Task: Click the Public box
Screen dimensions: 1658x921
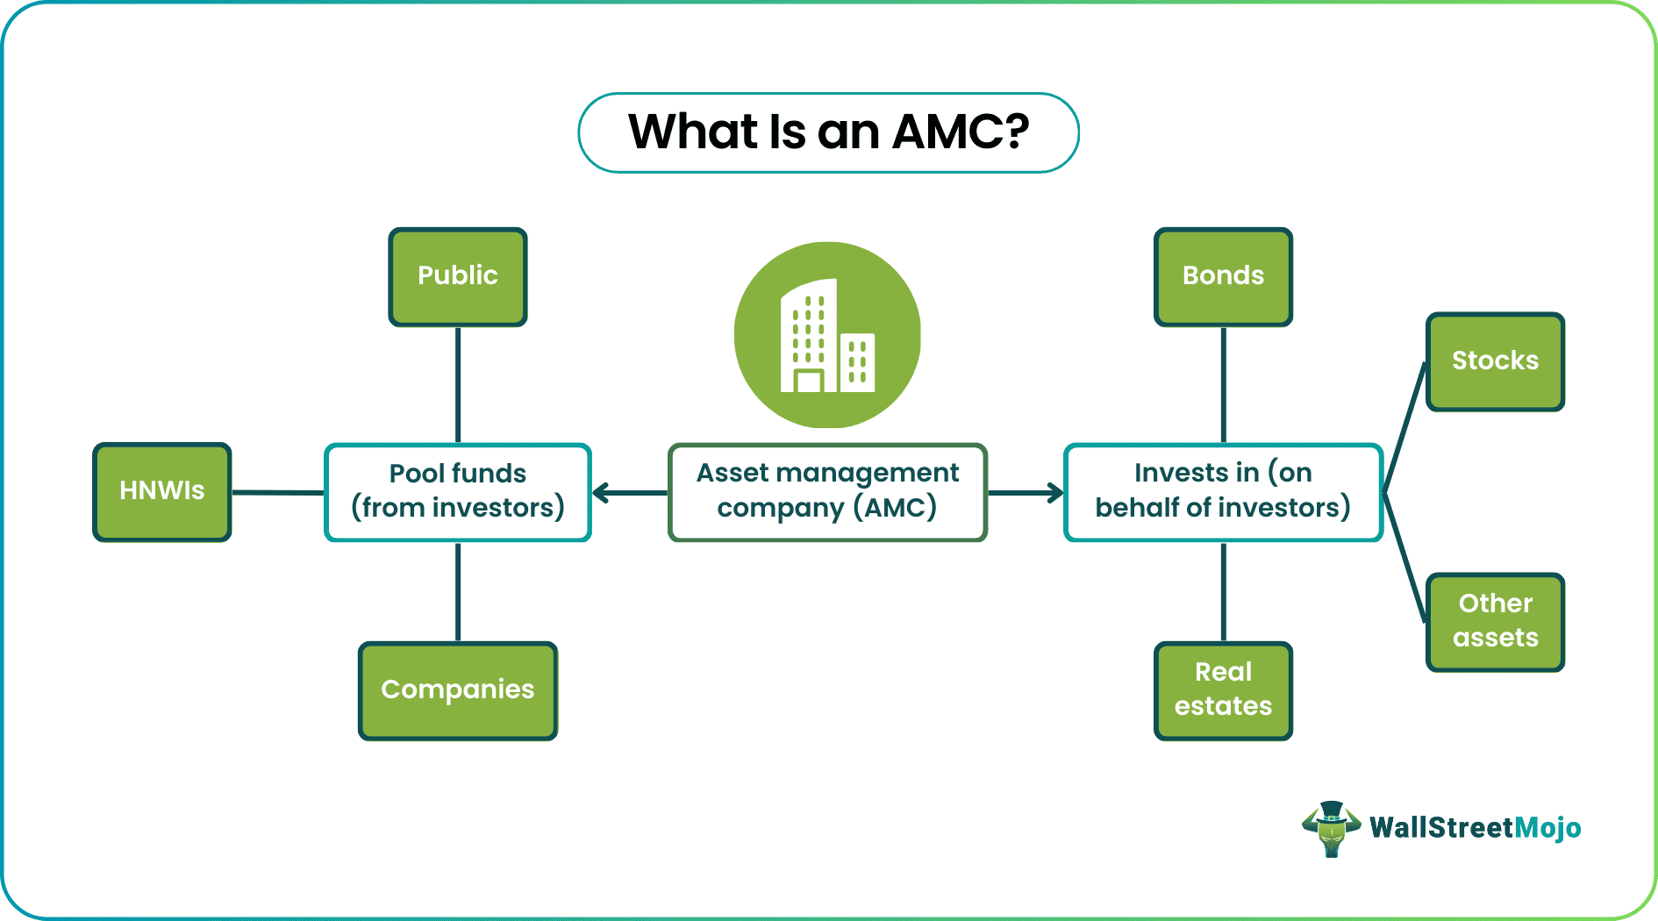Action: [458, 276]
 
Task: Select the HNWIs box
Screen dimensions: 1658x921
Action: [162, 491]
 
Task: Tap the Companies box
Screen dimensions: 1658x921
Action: [458, 690]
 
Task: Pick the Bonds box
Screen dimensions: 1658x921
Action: [1224, 276]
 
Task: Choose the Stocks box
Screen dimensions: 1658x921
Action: [1496, 361]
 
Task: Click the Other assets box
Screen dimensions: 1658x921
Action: [1496, 622]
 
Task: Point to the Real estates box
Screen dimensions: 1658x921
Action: [1224, 690]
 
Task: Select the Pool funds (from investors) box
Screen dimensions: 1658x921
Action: [458, 492]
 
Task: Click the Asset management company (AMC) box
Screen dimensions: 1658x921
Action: [827, 492]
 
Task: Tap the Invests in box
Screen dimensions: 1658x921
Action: [1224, 492]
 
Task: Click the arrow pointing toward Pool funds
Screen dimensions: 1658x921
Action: [630, 493]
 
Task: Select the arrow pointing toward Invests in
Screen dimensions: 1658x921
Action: [1026, 493]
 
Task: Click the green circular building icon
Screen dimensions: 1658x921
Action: [827, 335]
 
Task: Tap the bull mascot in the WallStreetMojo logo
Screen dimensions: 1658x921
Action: [1331, 828]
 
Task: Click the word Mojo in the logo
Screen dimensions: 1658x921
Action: [1547, 828]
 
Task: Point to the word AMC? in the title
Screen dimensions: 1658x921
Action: [961, 132]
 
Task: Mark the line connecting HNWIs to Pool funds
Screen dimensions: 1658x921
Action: [278, 492]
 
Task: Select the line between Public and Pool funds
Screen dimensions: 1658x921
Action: [458, 385]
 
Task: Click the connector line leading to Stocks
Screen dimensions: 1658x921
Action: [1404, 427]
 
